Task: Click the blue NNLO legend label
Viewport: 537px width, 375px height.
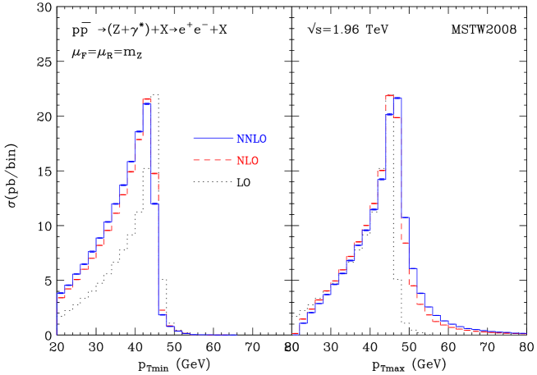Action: (x=251, y=139)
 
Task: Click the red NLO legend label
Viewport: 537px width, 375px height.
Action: (x=247, y=161)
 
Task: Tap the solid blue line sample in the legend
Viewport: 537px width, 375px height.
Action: (x=213, y=138)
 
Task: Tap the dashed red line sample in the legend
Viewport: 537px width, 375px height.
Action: (x=213, y=160)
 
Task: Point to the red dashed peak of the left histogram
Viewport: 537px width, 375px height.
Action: (x=147, y=99)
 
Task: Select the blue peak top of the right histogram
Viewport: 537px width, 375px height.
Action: (x=397, y=98)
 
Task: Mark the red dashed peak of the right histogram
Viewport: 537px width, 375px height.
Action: (x=389, y=96)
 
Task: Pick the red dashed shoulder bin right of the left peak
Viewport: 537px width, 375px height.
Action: (x=155, y=174)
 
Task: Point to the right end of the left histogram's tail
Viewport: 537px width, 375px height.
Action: (x=236, y=335)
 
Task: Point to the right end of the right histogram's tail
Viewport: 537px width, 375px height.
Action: (x=526, y=333)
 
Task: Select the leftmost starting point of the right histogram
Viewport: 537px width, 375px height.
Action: (x=293, y=334)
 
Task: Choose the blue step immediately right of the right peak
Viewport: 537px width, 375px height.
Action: (x=405, y=217)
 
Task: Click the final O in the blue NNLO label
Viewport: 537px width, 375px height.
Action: (x=263, y=139)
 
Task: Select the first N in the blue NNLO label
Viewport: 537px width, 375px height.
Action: (x=240, y=139)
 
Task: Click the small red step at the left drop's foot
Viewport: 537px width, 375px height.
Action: (x=163, y=311)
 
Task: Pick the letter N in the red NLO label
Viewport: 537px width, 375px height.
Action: (x=240, y=161)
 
